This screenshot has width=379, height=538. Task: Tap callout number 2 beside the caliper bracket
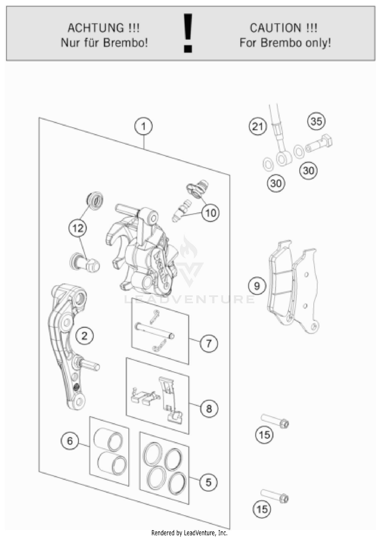84,336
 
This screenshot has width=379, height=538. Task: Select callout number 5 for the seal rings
208,482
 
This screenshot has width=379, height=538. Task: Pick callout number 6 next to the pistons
70,441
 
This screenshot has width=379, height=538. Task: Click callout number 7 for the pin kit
209,343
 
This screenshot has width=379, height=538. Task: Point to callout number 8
209,408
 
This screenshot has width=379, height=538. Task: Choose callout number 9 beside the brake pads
257,286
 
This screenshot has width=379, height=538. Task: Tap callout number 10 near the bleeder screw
211,213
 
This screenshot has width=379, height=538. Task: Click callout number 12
78,228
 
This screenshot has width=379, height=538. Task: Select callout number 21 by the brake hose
258,126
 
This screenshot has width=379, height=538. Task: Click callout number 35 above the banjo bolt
316,121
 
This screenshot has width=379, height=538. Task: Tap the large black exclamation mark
188,33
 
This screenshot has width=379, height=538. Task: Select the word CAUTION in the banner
275,28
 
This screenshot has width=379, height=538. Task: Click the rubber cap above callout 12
95,201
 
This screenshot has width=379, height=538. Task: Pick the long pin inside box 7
155,330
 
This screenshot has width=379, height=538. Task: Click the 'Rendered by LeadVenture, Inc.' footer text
189,533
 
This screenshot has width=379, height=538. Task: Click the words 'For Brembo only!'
285,43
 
